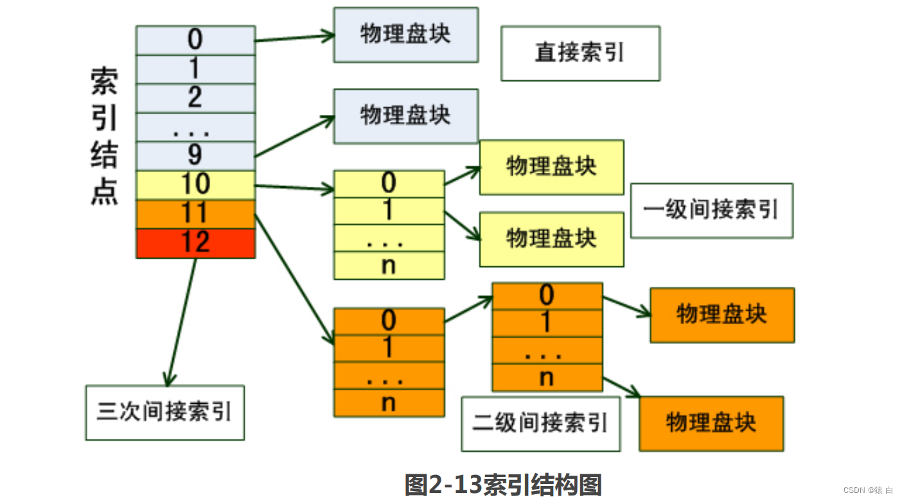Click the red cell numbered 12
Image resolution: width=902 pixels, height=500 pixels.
click(x=195, y=243)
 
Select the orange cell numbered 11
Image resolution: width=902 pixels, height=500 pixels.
click(x=195, y=214)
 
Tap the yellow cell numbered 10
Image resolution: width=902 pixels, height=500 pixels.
click(x=195, y=185)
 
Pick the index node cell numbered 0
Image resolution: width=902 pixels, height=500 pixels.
click(x=195, y=40)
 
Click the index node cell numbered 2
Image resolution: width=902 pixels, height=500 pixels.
click(x=195, y=98)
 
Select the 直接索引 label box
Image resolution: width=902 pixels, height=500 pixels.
click(x=580, y=53)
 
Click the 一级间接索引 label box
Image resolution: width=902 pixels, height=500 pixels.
click(x=711, y=211)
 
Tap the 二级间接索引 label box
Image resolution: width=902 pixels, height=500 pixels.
click(x=540, y=424)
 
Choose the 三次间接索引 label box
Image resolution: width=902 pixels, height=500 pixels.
click(x=164, y=413)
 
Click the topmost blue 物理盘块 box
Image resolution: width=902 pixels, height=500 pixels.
click(x=405, y=35)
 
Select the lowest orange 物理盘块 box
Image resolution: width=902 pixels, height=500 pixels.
click(x=711, y=424)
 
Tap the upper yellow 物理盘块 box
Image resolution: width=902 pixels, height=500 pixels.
click(x=551, y=167)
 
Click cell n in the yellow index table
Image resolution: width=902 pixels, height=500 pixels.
click(x=389, y=266)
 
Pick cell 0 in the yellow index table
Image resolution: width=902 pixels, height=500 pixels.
click(x=389, y=184)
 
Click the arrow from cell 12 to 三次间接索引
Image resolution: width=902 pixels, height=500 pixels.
click(x=181, y=321)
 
